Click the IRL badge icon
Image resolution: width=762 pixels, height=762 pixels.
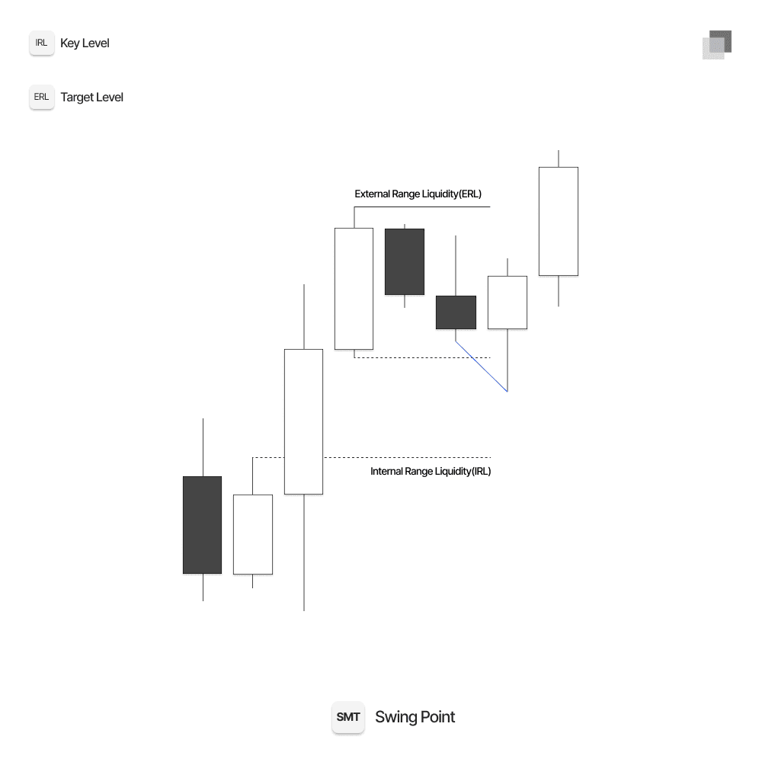pyautogui.click(x=42, y=43)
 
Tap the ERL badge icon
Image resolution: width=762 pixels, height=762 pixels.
pyautogui.click(x=42, y=98)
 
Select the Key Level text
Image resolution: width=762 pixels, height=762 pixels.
pyautogui.click(x=85, y=43)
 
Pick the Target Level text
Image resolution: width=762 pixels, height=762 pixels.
pyautogui.click(x=91, y=98)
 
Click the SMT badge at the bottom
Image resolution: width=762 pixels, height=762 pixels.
pyautogui.click(x=348, y=717)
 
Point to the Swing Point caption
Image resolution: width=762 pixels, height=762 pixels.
pyautogui.click(x=415, y=717)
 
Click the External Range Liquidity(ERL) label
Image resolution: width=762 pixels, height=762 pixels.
pyautogui.click(x=418, y=194)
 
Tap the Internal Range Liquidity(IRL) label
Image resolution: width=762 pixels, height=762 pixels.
pyautogui.click(x=431, y=472)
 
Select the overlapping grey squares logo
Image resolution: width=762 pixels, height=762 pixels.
pyautogui.click(x=717, y=45)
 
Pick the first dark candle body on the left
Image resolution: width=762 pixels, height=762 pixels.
pyautogui.click(x=202, y=525)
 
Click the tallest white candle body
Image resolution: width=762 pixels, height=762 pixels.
pyautogui.click(x=303, y=421)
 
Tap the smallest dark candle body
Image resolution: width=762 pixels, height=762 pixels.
pyautogui.click(x=456, y=312)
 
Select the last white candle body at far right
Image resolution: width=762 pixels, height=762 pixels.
pyautogui.click(x=558, y=221)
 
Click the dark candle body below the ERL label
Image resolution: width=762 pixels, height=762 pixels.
pyautogui.click(x=404, y=261)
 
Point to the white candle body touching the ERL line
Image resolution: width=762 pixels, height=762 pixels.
pyautogui.click(x=354, y=288)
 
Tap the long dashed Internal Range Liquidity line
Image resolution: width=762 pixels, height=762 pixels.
pyautogui.click(x=404, y=457)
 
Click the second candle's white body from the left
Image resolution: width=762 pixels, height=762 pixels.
pyautogui.click(x=252, y=534)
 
